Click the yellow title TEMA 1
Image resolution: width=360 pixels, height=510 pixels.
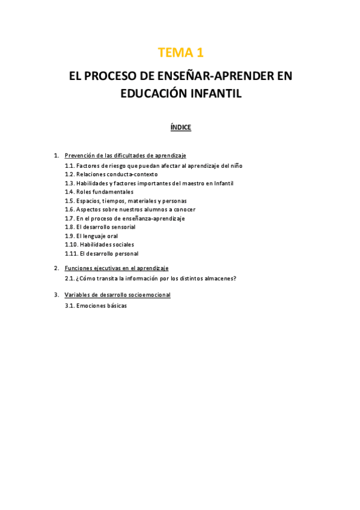coord(180,53)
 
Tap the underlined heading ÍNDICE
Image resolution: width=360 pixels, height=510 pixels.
coord(180,127)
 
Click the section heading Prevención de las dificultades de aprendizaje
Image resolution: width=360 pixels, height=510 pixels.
coord(125,156)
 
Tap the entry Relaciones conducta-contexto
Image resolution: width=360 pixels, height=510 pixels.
coord(111,174)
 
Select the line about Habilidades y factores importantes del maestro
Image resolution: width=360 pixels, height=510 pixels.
coord(148,183)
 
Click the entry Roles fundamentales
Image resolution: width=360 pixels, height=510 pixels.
coord(99,192)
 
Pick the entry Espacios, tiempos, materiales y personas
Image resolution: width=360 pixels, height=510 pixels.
coord(126,201)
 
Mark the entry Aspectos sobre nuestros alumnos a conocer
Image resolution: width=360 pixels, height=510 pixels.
coord(130,209)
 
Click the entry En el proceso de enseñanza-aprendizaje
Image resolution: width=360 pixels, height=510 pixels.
coord(124,218)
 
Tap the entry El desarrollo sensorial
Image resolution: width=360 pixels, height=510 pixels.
coord(100,227)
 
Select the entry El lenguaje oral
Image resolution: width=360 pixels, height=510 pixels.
coord(91,236)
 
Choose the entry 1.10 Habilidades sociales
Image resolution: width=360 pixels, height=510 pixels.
coord(99,245)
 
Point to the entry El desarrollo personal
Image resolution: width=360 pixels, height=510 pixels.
coord(102,254)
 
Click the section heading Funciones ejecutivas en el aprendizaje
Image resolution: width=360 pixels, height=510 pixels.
coord(117,268)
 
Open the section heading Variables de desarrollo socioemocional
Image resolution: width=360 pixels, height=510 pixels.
coord(118,295)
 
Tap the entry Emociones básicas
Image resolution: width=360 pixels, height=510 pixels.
coord(96,306)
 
